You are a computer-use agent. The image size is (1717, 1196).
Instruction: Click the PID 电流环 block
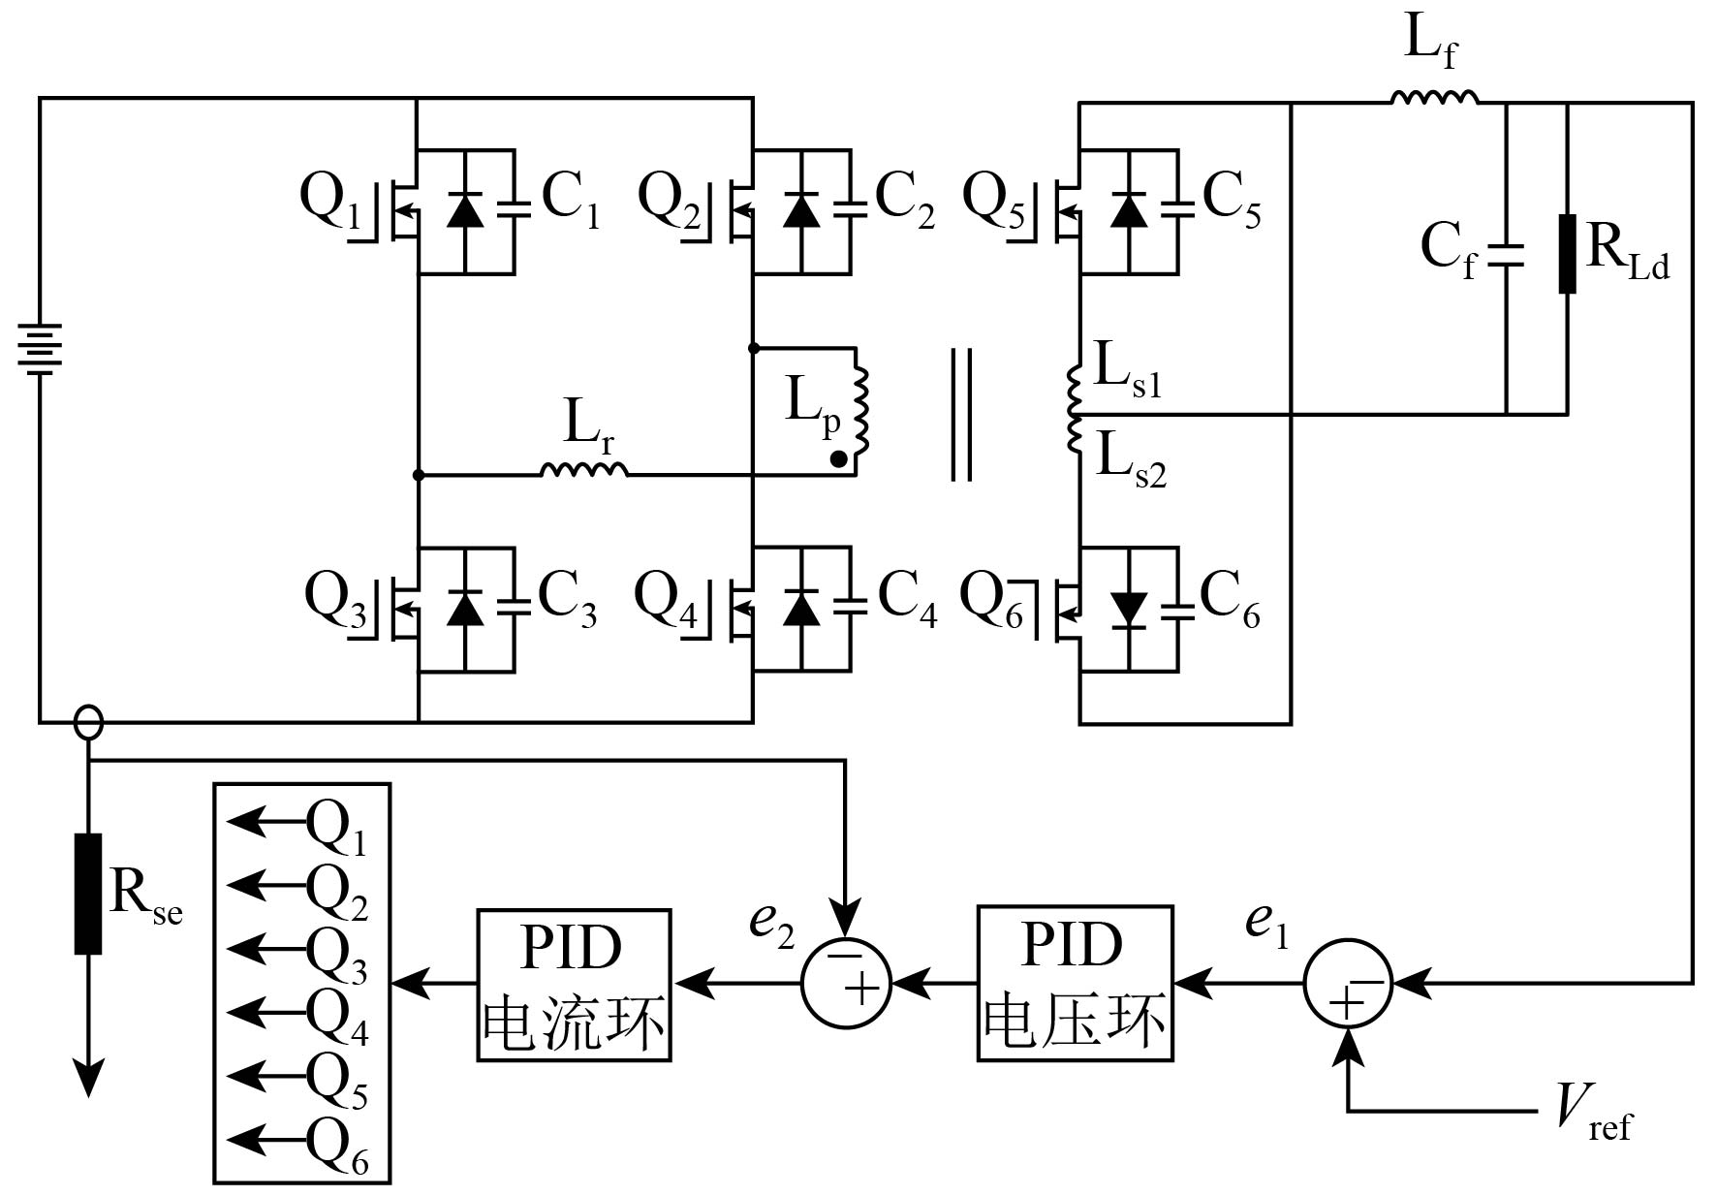pyautogui.click(x=575, y=985)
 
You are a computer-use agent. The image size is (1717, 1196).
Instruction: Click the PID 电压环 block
pyautogui.click(x=1075, y=983)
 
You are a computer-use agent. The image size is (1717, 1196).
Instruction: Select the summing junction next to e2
pyautogui.click(x=846, y=984)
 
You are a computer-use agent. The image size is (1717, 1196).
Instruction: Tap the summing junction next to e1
pyautogui.click(x=1348, y=984)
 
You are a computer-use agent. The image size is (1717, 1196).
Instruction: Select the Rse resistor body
pyautogui.click(x=88, y=893)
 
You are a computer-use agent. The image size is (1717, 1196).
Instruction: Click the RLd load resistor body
pyautogui.click(x=1567, y=254)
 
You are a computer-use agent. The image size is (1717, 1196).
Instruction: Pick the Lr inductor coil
pyautogui.click(x=584, y=469)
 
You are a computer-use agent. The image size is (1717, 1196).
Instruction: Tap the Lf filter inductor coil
pyautogui.click(x=1435, y=96)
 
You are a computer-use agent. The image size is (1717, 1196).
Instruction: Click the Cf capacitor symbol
pyautogui.click(x=1506, y=255)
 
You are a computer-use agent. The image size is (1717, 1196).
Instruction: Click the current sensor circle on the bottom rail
pyautogui.click(x=88, y=722)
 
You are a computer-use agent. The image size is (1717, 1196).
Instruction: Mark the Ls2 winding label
pyautogui.click(x=1131, y=463)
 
